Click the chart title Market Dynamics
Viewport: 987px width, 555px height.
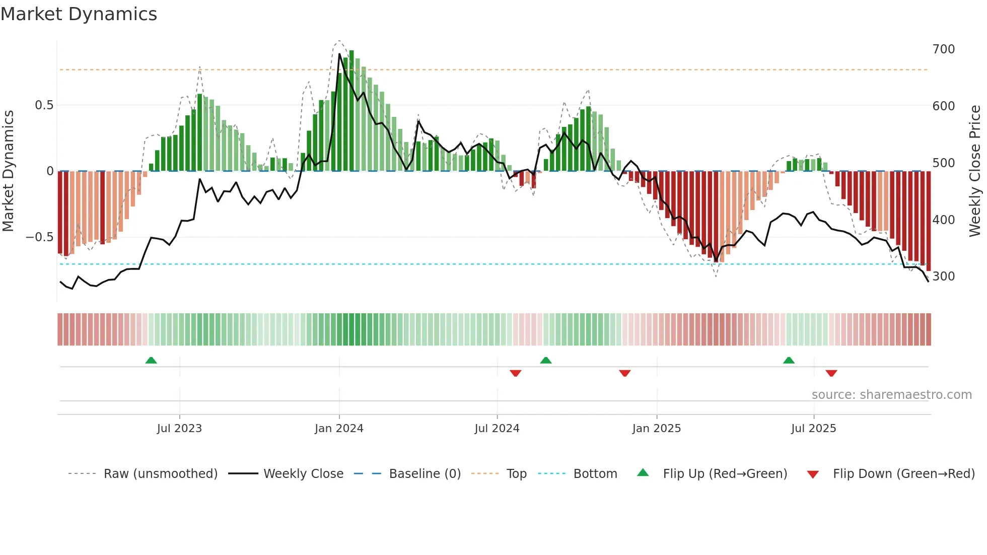pos(79,14)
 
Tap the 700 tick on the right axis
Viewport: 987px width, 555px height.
pos(943,49)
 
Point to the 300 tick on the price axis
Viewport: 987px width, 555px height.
pos(943,276)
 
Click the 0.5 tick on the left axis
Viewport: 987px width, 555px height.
pos(44,105)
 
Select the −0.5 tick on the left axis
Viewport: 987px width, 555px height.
pos(40,237)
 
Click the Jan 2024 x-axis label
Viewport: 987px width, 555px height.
pos(339,429)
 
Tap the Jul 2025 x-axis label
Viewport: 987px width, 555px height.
pos(813,429)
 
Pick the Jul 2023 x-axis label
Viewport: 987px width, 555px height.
pos(179,429)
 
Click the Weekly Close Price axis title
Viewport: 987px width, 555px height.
pos(975,171)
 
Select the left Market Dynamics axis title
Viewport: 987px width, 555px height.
pos(8,171)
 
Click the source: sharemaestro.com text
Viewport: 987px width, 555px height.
pos(891,395)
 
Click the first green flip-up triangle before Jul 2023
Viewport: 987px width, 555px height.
pos(151,360)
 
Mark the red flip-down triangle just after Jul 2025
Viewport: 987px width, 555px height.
pos(831,373)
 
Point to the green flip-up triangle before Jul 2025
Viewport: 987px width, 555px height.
pos(789,360)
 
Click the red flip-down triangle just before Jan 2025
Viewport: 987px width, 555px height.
pos(625,373)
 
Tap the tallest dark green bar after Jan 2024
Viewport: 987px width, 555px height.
pos(351,111)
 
